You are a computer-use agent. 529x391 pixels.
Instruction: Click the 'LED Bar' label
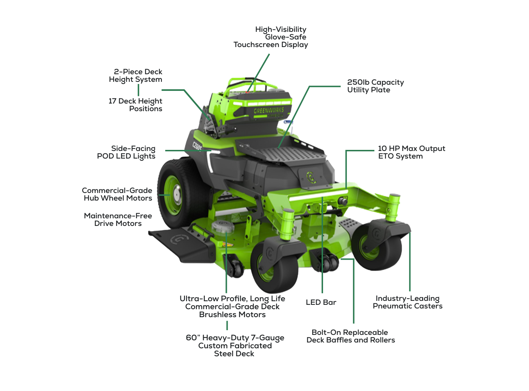(x=321, y=302)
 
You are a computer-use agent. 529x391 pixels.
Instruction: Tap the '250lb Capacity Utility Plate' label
(x=375, y=86)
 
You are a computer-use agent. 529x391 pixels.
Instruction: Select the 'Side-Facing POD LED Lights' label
(x=126, y=152)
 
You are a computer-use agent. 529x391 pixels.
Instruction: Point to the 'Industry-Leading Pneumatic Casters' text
(x=408, y=302)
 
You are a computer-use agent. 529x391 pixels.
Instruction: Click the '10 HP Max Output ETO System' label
(x=412, y=152)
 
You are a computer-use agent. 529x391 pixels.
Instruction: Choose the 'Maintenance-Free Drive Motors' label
(x=118, y=220)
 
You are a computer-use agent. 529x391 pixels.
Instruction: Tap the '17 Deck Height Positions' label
(x=135, y=105)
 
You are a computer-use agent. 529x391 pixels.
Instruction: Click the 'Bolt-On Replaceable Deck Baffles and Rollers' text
(x=351, y=336)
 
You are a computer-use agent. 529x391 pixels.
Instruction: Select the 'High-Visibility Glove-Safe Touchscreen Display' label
(x=271, y=37)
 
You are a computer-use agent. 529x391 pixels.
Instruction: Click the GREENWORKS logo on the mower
(x=269, y=110)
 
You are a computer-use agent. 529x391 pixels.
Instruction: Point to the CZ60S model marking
(x=197, y=146)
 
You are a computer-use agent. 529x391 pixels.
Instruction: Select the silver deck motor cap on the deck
(x=223, y=226)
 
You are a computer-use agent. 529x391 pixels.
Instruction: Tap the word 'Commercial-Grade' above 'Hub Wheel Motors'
(x=117, y=190)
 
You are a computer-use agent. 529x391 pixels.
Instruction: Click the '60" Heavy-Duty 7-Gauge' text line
(x=235, y=338)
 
